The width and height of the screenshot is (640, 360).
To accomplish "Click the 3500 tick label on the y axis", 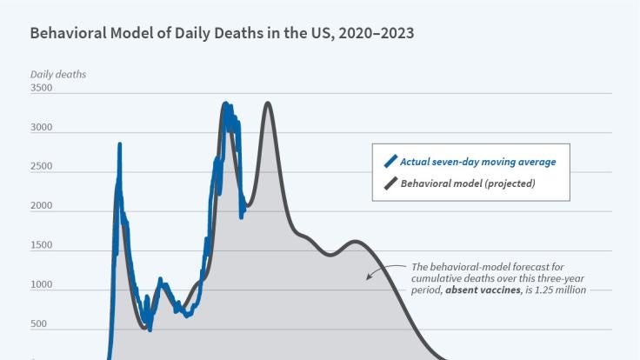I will coord(41,89).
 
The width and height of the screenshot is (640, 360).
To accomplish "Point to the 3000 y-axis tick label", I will coord(41,128).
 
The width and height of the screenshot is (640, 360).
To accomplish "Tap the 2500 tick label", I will coord(41,167).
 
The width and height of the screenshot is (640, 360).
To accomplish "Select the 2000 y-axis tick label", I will coord(41,207).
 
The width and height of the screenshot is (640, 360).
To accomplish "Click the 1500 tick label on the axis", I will coord(41,246).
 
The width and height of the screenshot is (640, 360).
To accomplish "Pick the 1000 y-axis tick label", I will coord(41,286).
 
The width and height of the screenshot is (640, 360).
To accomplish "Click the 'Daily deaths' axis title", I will coord(58,74).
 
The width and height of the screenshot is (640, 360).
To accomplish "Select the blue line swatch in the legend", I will coord(390,160).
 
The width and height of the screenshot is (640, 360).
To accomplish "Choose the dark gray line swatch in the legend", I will coord(390,183).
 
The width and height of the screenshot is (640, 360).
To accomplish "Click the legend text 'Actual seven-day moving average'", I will coord(477,161).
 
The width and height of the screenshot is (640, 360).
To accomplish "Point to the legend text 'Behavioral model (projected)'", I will coord(467,183).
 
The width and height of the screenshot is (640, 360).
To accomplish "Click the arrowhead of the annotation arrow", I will coord(368,278).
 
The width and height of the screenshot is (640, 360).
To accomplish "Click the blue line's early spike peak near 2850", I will coord(119,144).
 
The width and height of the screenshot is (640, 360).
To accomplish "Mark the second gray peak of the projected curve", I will coord(268,103).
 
